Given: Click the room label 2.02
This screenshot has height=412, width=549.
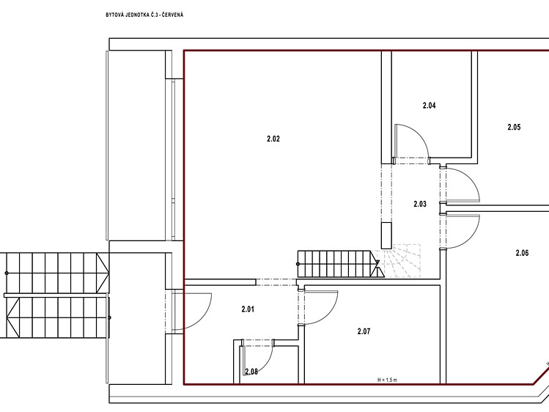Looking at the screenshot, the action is click(273, 139).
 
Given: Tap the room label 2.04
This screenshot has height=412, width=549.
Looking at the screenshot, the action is click(430, 106).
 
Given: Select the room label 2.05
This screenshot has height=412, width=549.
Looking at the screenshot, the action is click(514, 127).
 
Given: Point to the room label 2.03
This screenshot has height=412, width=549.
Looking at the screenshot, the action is click(420, 204).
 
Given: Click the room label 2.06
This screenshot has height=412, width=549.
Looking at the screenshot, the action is click(522, 253).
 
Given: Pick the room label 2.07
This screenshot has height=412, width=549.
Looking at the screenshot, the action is click(364, 331).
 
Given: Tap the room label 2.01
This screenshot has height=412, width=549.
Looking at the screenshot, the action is click(248, 309).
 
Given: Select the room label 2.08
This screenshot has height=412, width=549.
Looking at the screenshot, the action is click(251, 372).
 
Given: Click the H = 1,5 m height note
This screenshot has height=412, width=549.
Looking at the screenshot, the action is click(387, 380).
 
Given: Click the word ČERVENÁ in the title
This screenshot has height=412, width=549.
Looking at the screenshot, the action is click(172, 15).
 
